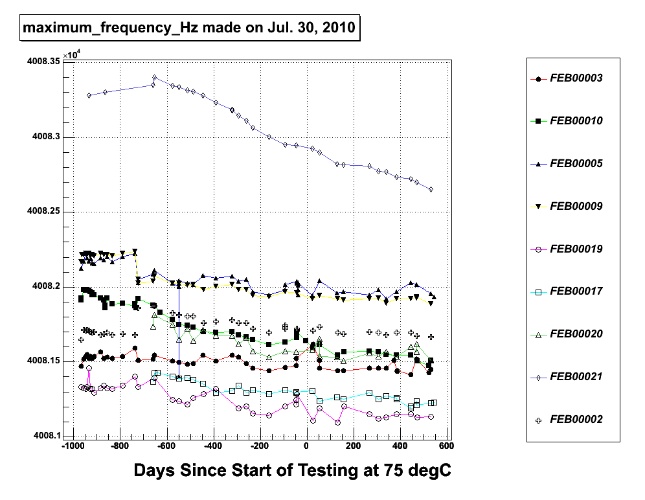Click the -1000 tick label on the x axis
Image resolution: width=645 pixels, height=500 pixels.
[x=72, y=447]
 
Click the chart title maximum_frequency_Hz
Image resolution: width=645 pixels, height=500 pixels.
[x=188, y=28]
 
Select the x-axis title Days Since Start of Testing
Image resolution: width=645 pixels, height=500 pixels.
[x=292, y=471]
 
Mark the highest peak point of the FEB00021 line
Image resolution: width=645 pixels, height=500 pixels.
[x=155, y=78]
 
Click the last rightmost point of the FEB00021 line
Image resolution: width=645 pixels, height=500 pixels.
[x=431, y=189]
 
